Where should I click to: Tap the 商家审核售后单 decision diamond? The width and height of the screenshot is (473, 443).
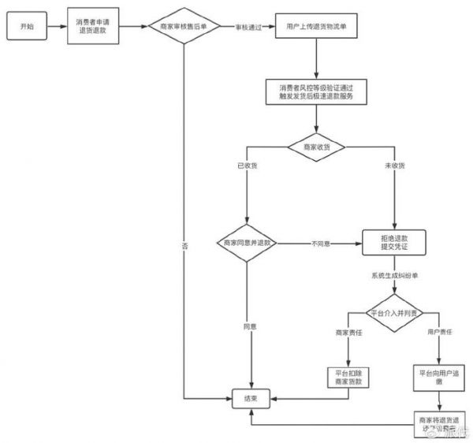point(184,27)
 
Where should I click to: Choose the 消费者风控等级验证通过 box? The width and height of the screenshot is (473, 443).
point(315,91)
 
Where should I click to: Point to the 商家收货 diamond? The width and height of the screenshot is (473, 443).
point(315,145)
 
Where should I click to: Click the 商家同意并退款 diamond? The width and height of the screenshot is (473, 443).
point(247,244)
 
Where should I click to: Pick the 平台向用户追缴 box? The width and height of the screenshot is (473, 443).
point(437,377)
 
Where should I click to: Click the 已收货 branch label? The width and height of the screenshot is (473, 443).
point(247,166)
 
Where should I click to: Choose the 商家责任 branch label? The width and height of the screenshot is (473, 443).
point(348,332)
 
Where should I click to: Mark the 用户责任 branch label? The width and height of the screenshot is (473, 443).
point(438,332)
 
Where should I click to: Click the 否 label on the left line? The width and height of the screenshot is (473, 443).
point(184,246)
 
